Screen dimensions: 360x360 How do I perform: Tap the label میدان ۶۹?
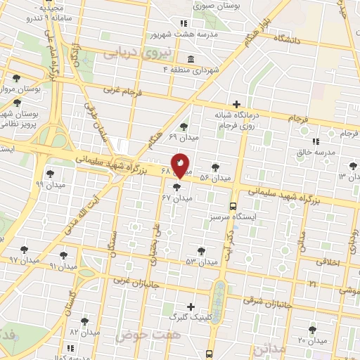[x=184, y=138]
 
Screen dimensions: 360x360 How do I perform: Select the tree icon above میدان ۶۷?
[x=176, y=187]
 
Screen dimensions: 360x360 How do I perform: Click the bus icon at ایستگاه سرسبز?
[x=233, y=206]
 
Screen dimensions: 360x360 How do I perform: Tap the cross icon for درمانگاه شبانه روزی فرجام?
[x=236, y=104]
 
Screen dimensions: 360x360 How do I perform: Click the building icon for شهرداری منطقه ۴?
[x=192, y=58]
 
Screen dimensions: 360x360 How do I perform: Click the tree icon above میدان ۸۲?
[x=85, y=321]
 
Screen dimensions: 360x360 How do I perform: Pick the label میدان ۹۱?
[x=62, y=266]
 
